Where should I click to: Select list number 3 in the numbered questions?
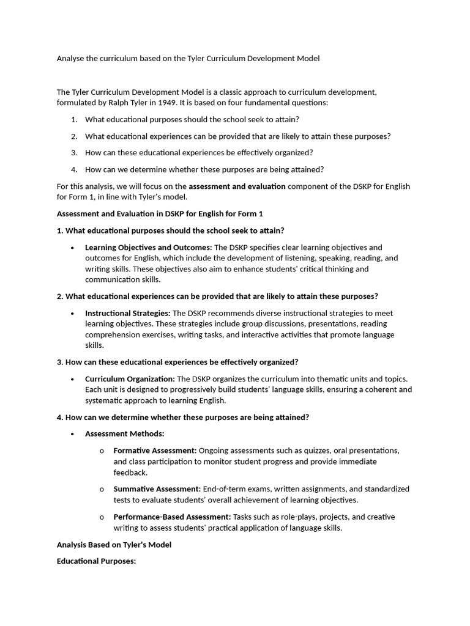point(73,153)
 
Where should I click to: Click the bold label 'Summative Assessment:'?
point(157,489)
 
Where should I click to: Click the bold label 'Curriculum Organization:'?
point(130,379)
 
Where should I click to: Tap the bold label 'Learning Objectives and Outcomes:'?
point(148,247)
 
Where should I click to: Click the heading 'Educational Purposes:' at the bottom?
point(95,561)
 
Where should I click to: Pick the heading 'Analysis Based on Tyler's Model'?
point(114,545)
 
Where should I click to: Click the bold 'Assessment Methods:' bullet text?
point(125,434)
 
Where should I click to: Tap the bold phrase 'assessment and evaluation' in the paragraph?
point(237,186)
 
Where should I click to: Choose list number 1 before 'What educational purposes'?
point(73,120)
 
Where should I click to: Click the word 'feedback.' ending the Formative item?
point(130,473)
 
